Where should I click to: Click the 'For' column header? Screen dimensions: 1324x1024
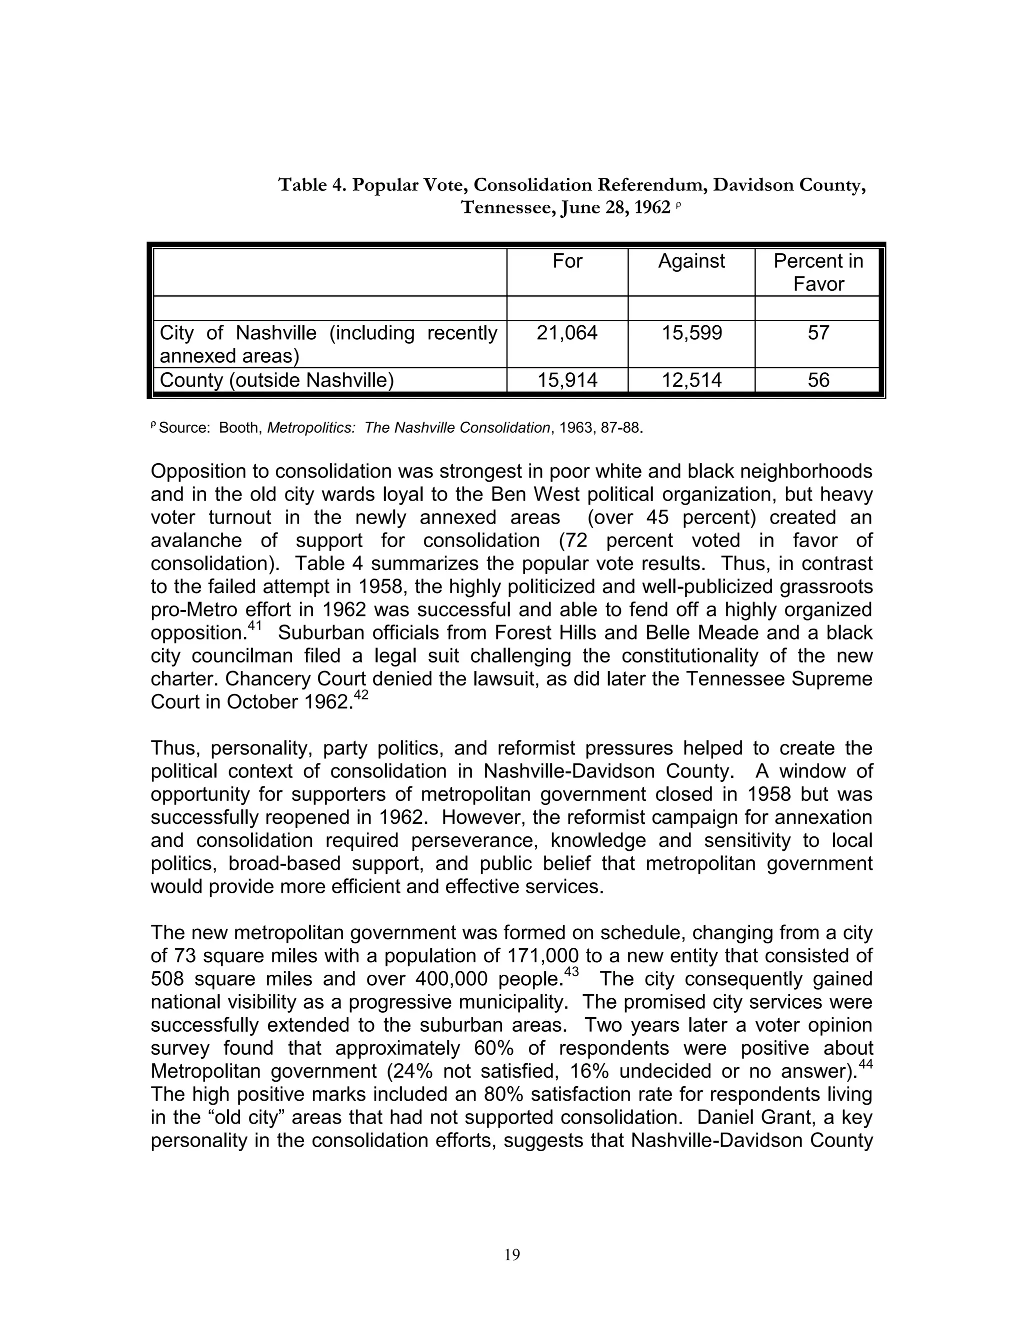(x=567, y=261)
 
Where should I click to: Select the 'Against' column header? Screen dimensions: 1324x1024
(x=691, y=261)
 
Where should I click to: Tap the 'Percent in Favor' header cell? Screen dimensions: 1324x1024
(x=817, y=272)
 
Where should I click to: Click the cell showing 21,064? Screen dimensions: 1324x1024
(x=567, y=333)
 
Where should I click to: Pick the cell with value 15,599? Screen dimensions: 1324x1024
(x=691, y=333)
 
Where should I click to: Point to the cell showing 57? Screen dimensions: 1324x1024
(x=817, y=333)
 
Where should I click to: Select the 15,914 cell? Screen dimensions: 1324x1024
(x=567, y=380)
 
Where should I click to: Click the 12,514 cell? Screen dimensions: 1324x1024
(x=691, y=380)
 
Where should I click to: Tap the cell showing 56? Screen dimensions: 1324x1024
(x=817, y=380)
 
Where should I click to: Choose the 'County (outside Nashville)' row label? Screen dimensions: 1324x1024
(x=276, y=380)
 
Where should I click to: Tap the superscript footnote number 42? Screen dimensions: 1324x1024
(x=360, y=695)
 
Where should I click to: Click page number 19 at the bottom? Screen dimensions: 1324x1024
(x=512, y=1255)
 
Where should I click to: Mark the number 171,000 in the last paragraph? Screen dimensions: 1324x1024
(x=541, y=956)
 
